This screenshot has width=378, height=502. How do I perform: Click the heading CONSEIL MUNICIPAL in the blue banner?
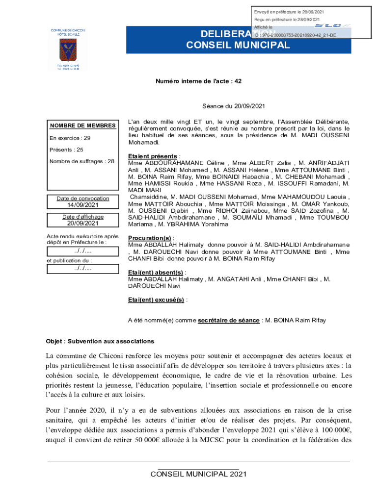pyautogui.click(x=238, y=45)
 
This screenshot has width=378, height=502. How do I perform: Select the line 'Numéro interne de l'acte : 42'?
pyautogui.click(x=198, y=82)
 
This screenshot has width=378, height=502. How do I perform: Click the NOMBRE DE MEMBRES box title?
pyautogui.click(x=82, y=125)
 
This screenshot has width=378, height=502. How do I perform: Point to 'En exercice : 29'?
pyautogui.click(x=70, y=138)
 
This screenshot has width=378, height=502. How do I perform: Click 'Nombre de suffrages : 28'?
pyautogui.click(x=82, y=161)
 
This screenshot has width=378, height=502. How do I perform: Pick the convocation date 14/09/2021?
pyautogui.click(x=82, y=205)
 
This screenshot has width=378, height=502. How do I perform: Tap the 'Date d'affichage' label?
pyautogui.click(x=82, y=217)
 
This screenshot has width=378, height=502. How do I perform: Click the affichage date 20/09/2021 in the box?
pyautogui.click(x=82, y=224)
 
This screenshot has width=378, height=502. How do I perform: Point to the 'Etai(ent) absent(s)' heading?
pyautogui.click(x=156, y=272)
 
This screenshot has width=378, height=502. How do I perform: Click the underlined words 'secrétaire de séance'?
pyautogui.click(x=228, y=321)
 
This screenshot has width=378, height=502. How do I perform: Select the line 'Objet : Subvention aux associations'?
pyautogui.click(x=100, y=341)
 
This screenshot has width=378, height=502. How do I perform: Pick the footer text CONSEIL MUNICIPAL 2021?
pyautogui.click(x=198, y=474)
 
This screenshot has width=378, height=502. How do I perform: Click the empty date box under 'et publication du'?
pyautogui.click(x=82, y=269)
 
